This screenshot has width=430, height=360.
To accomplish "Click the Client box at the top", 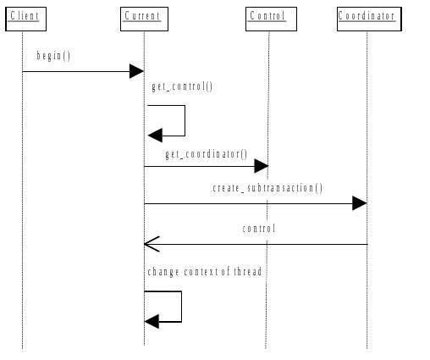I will [23, 17].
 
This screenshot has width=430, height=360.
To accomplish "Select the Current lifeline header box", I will [142, 17].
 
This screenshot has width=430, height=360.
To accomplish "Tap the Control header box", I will [267, 17].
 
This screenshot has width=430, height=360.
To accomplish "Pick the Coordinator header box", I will [367, 17].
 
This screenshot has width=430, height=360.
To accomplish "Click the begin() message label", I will [53, 56].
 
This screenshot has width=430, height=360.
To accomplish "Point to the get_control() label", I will [182, 87].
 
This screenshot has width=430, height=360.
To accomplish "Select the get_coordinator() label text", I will [206, 154].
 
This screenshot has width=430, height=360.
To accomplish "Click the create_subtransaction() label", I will [267, 188].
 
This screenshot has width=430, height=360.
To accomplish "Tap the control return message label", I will [259, 229].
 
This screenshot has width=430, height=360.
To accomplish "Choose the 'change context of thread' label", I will [204, 272].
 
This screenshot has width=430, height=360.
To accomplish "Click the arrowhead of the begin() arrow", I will [136, 71].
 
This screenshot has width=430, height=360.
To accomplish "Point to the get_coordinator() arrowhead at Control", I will [262, 166].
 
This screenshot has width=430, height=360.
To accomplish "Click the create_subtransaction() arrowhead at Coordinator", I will [360, 203].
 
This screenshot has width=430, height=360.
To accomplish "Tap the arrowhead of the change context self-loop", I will [152, 322].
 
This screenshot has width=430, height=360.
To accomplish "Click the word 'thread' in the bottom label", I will [249, 272].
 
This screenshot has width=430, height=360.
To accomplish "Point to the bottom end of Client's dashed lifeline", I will [22, 347].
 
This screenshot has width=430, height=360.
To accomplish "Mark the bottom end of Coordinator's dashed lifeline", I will [367, 347].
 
